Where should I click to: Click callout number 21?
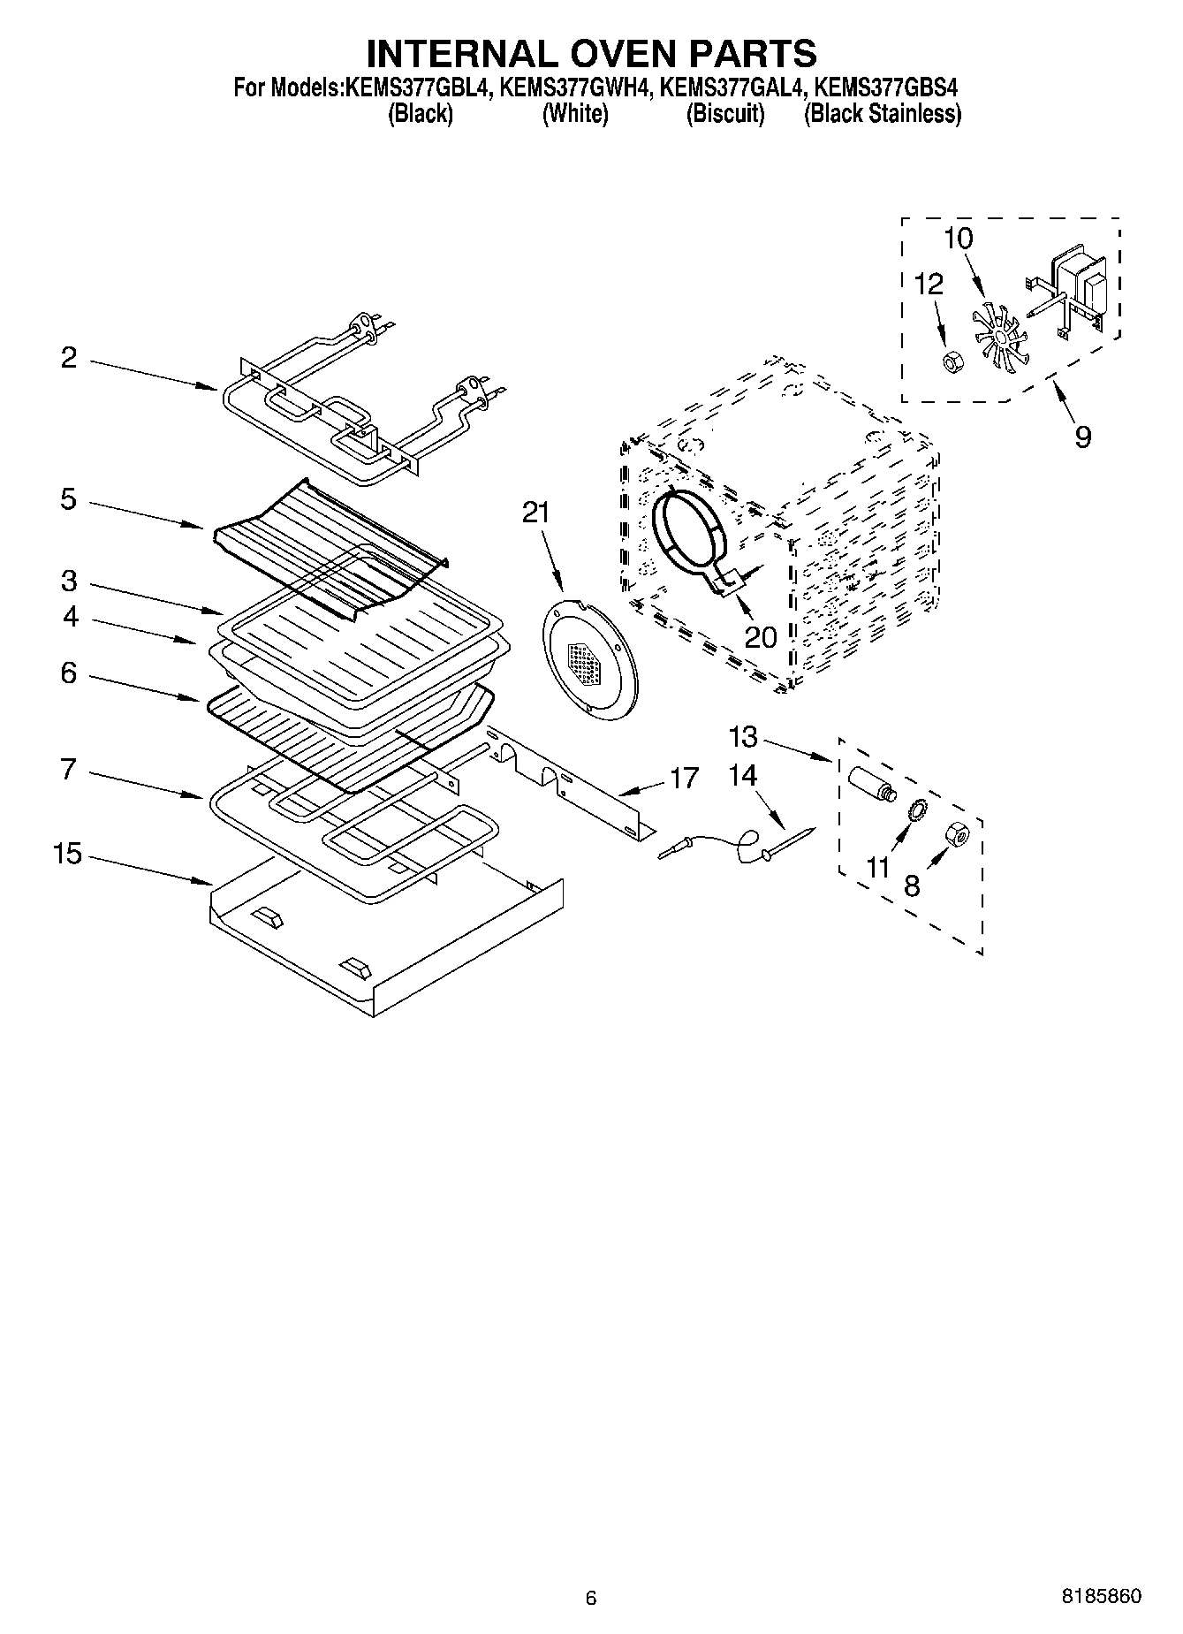coord(535,513)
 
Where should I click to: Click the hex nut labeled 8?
coord(958,833)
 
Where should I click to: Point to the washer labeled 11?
coord(917,809)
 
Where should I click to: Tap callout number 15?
coord(66,855)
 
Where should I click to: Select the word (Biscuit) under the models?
coord(724,114)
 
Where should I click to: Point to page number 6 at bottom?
coord(591,1598)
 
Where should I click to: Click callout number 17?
coord(684,779)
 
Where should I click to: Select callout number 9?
coord(1082,436)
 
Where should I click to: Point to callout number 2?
coord(68,358)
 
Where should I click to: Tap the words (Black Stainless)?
coord(882,114)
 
